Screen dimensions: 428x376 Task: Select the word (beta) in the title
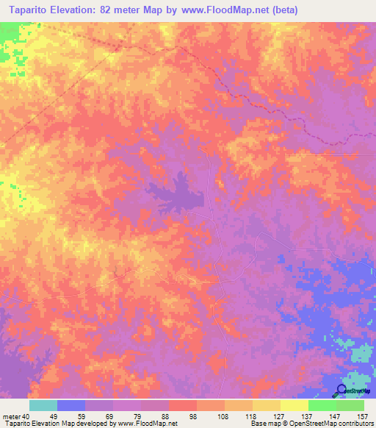tap(282, 10)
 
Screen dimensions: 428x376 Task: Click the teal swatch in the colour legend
tap(43, 405)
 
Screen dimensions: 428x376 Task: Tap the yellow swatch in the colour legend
tap(294, 405)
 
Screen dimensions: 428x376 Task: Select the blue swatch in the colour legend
tap(71, 405)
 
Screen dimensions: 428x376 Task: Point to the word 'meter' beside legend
tap(12, 416)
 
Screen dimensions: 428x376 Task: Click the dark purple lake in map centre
tap(180, 193)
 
